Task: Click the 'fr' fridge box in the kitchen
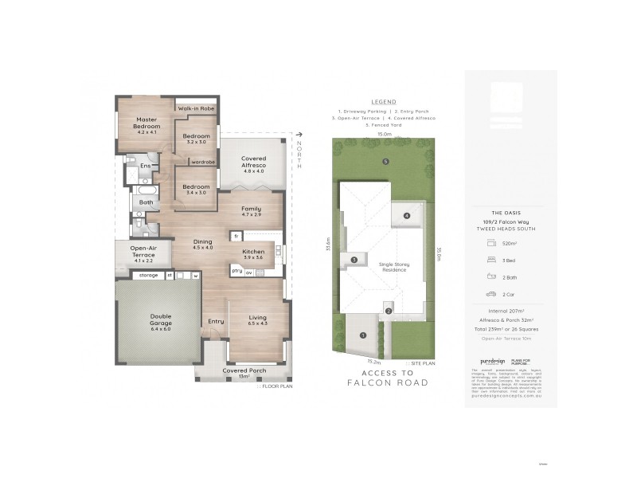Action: [x=236, y=236]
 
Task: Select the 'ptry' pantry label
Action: [x=236, y=271]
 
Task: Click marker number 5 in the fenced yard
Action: [x=386, y=162]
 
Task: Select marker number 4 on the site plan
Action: [x=406, y=215]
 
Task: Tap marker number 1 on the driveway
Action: [x=363, y=335]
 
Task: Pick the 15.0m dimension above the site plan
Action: [x=385, y=135]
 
